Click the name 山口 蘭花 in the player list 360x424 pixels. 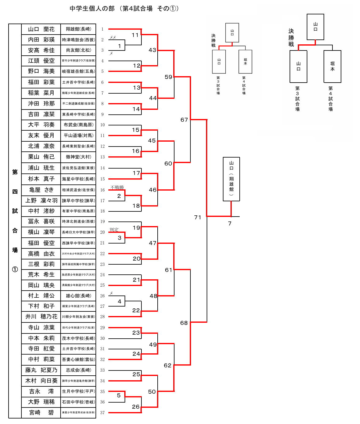(41, 29)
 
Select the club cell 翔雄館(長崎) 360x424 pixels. (78, 29)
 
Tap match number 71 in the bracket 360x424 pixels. (198, 217)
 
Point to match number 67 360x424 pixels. (184, 120)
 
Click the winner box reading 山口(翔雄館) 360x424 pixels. (231, 179)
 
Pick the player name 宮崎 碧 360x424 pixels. (41, 412)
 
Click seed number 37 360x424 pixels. (102, 413)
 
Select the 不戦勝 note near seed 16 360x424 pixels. (117, 187)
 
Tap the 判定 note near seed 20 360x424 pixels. (114, 229)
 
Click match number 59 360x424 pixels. (168, 77)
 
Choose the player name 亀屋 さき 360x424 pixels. (41, 190)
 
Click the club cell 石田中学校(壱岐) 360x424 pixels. (78, 402)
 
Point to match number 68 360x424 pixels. (184, 323)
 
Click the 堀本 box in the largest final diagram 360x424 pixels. (332, 66)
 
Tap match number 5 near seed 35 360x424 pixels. (119, 395)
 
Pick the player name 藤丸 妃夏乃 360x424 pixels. (41, 370)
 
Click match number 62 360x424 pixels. (167, 365)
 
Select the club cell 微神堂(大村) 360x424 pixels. (78, 157)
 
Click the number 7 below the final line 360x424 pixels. (230, 224)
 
